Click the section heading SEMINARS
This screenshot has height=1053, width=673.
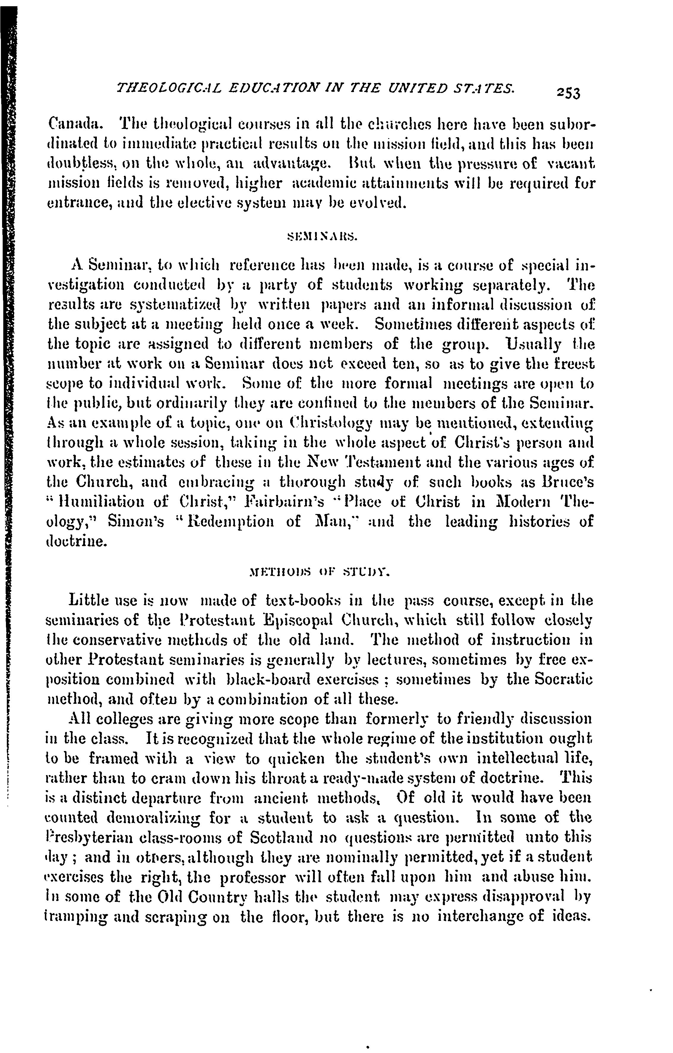[x=322, y=238]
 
